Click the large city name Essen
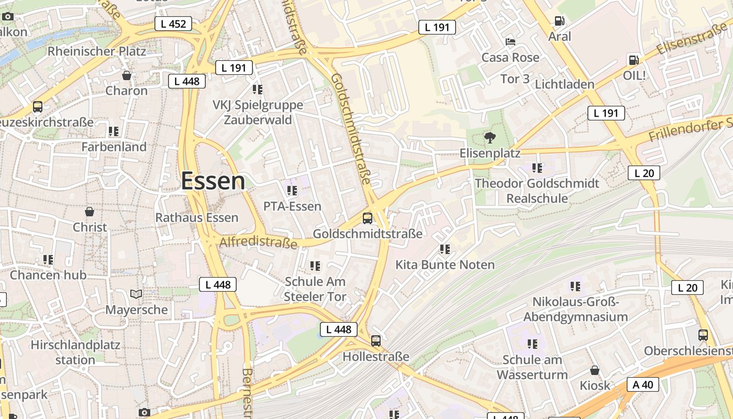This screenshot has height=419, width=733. pyautogui.click(x=213, y=181)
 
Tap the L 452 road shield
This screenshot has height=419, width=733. pyautogui.click(x=173, y=24)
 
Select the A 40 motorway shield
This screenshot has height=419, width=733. pyautogui.click(x=642, y=384)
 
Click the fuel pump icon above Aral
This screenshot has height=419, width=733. pyautogui.click(x=560, y=21)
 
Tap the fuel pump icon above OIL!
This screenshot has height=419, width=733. pyautogui.click(x=634, y=60)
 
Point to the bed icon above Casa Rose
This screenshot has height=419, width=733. pyautogui.click(x=510, y=42)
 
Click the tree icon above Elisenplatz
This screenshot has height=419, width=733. pyautogui.click(x=490, y=138)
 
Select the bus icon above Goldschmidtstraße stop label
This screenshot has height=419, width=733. pyautogui.click(x=368, y=218)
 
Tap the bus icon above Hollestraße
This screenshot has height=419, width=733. pyautogui.click(x=376, y=341)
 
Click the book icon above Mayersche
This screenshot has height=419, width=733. pyautogui.click(x=136, y=294)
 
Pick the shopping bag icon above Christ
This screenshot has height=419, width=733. pyautogui.click(x=90, y=212)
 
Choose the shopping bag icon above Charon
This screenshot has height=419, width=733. pyautogui.click(x=127, y=75)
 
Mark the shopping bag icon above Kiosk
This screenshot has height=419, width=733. pyautogui.click(x=595, y=370)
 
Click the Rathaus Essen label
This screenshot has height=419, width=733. pyautogui.click(x=197, y=217)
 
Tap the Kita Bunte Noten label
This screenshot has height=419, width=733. pyautogui.click(x=445, y=264)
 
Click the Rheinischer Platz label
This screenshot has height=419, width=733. pyautogui.click(x=96, y=51)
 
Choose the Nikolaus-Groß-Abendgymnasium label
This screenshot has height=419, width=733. pyautogui.click(x=575, y=310)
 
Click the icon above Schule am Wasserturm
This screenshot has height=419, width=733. pyautogui.click(x=532, y=344)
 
